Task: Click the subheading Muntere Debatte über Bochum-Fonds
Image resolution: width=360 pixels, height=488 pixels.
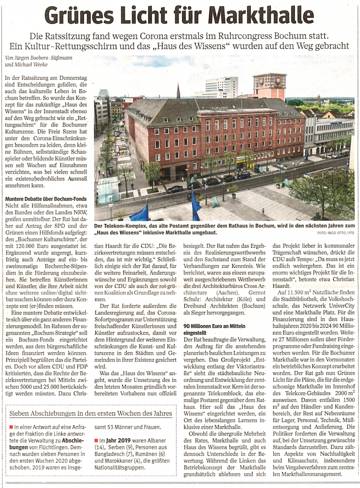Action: [43, 199]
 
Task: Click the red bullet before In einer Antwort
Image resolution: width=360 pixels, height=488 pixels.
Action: [11, 427]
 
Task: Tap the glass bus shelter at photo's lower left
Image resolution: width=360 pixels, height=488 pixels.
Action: [108, 190]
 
